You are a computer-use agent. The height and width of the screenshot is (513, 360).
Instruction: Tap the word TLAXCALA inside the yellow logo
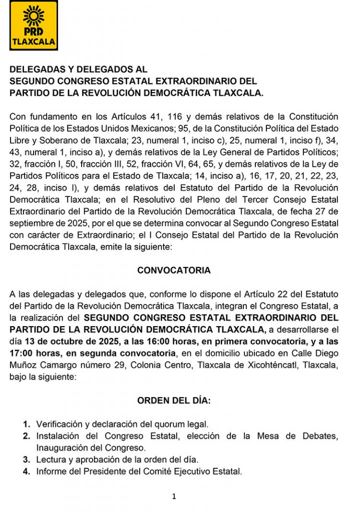[34, 42]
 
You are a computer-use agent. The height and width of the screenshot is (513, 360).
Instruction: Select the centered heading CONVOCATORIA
[174, 271]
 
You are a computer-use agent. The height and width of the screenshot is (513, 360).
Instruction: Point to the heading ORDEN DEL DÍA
[174, 401]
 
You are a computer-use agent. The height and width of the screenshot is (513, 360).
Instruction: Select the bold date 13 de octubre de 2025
[70, 342]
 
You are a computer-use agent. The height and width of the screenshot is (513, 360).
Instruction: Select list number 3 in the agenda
[27, 459]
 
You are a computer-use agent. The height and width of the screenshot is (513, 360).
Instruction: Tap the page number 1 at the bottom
[174, 496]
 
